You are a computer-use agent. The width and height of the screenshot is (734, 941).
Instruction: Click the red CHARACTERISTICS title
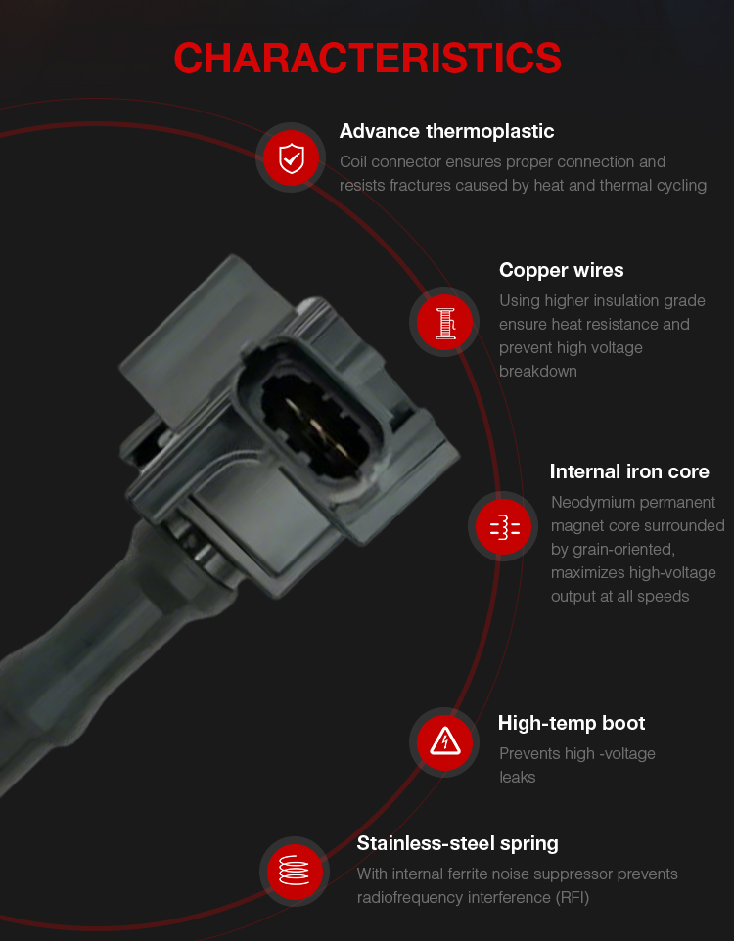point(367,59)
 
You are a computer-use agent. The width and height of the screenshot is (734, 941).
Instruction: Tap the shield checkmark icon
point(292,157)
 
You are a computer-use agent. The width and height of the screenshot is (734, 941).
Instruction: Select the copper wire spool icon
point(444,322)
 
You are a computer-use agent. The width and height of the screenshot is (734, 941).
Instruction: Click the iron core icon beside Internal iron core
point(504,526)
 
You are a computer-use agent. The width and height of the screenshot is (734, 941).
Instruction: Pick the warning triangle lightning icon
point(444,742)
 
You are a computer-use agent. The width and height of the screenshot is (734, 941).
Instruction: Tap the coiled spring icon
point(295,872)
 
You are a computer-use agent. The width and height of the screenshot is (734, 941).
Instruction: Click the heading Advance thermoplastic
point(446,131)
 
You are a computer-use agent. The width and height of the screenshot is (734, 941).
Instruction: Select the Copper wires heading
point(561,271)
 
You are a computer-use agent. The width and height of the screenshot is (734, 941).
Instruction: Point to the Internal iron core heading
point(629,471)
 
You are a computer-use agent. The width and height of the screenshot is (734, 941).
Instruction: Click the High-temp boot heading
point(572,723)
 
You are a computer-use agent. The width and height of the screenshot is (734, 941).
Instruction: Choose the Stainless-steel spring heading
point(457,844)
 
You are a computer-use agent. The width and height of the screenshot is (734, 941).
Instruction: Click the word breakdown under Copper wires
point(537,372)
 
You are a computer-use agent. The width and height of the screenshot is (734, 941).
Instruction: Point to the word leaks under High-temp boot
point(517,778)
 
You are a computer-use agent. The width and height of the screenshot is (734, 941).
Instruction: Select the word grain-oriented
point(624,550)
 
